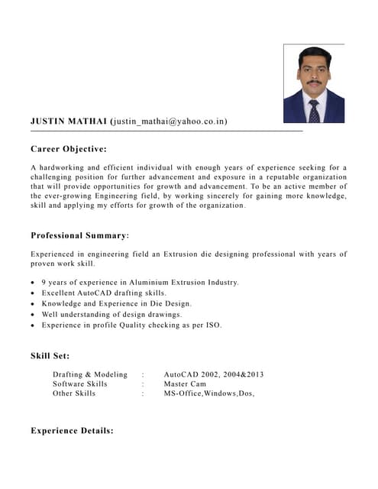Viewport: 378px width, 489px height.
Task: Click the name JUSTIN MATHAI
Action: (69, 121)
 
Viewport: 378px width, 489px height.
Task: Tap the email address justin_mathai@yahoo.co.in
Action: (169, 121)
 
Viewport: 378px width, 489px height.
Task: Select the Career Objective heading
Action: (68, 148)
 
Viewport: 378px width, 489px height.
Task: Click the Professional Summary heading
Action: (79, 235)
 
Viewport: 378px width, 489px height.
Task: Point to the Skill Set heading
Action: (50, 355)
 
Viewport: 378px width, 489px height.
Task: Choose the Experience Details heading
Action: (72, 431)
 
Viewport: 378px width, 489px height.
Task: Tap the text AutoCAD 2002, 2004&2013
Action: (214, 374)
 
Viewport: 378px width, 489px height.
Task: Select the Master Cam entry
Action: (185, 384)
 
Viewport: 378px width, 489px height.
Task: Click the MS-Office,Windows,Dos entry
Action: (208, 393)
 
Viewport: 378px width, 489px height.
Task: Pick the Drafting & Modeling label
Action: (90, 374)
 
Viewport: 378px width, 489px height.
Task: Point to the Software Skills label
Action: (80, 384)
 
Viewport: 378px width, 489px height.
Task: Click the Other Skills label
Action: (74, 393)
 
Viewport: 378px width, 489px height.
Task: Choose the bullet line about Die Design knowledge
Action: (117, 304)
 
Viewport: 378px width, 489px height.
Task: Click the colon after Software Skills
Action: (143, 384)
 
